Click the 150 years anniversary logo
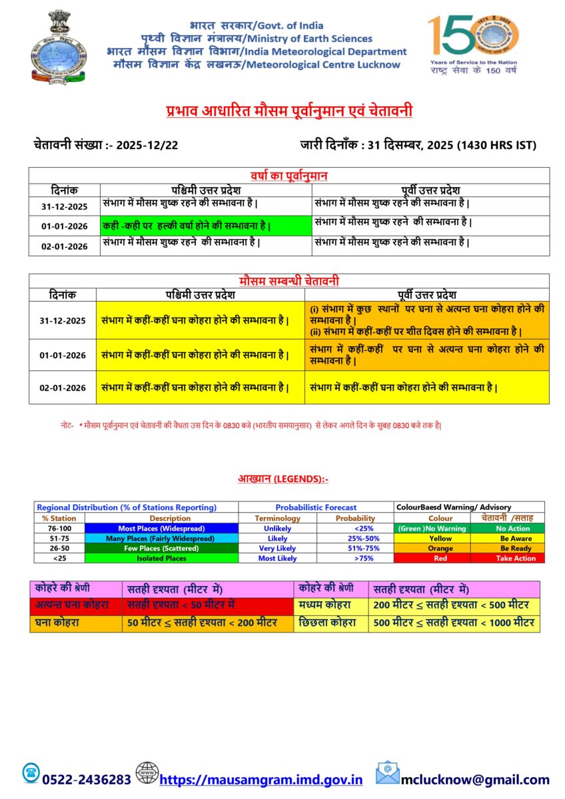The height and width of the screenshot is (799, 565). coord(474,43)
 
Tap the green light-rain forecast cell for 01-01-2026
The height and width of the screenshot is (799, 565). coord(206,226)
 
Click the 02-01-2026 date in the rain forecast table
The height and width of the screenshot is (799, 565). coord(64,246)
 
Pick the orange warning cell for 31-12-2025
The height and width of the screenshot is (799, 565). coord(427,320)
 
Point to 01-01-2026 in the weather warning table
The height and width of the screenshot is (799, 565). coord(63,355)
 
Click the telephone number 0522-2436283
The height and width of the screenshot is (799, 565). coord(87,780)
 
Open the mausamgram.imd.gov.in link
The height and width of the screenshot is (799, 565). coord(261,780)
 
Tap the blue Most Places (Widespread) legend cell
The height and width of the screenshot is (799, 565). coord(161,528)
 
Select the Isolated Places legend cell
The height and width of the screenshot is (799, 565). coord(161,558)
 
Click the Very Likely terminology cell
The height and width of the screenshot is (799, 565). coord(277,548)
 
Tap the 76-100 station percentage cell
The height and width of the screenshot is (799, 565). coord(59,528)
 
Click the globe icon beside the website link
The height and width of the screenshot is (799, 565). coord(147,774)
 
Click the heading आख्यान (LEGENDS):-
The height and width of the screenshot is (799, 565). coord(282,478)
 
